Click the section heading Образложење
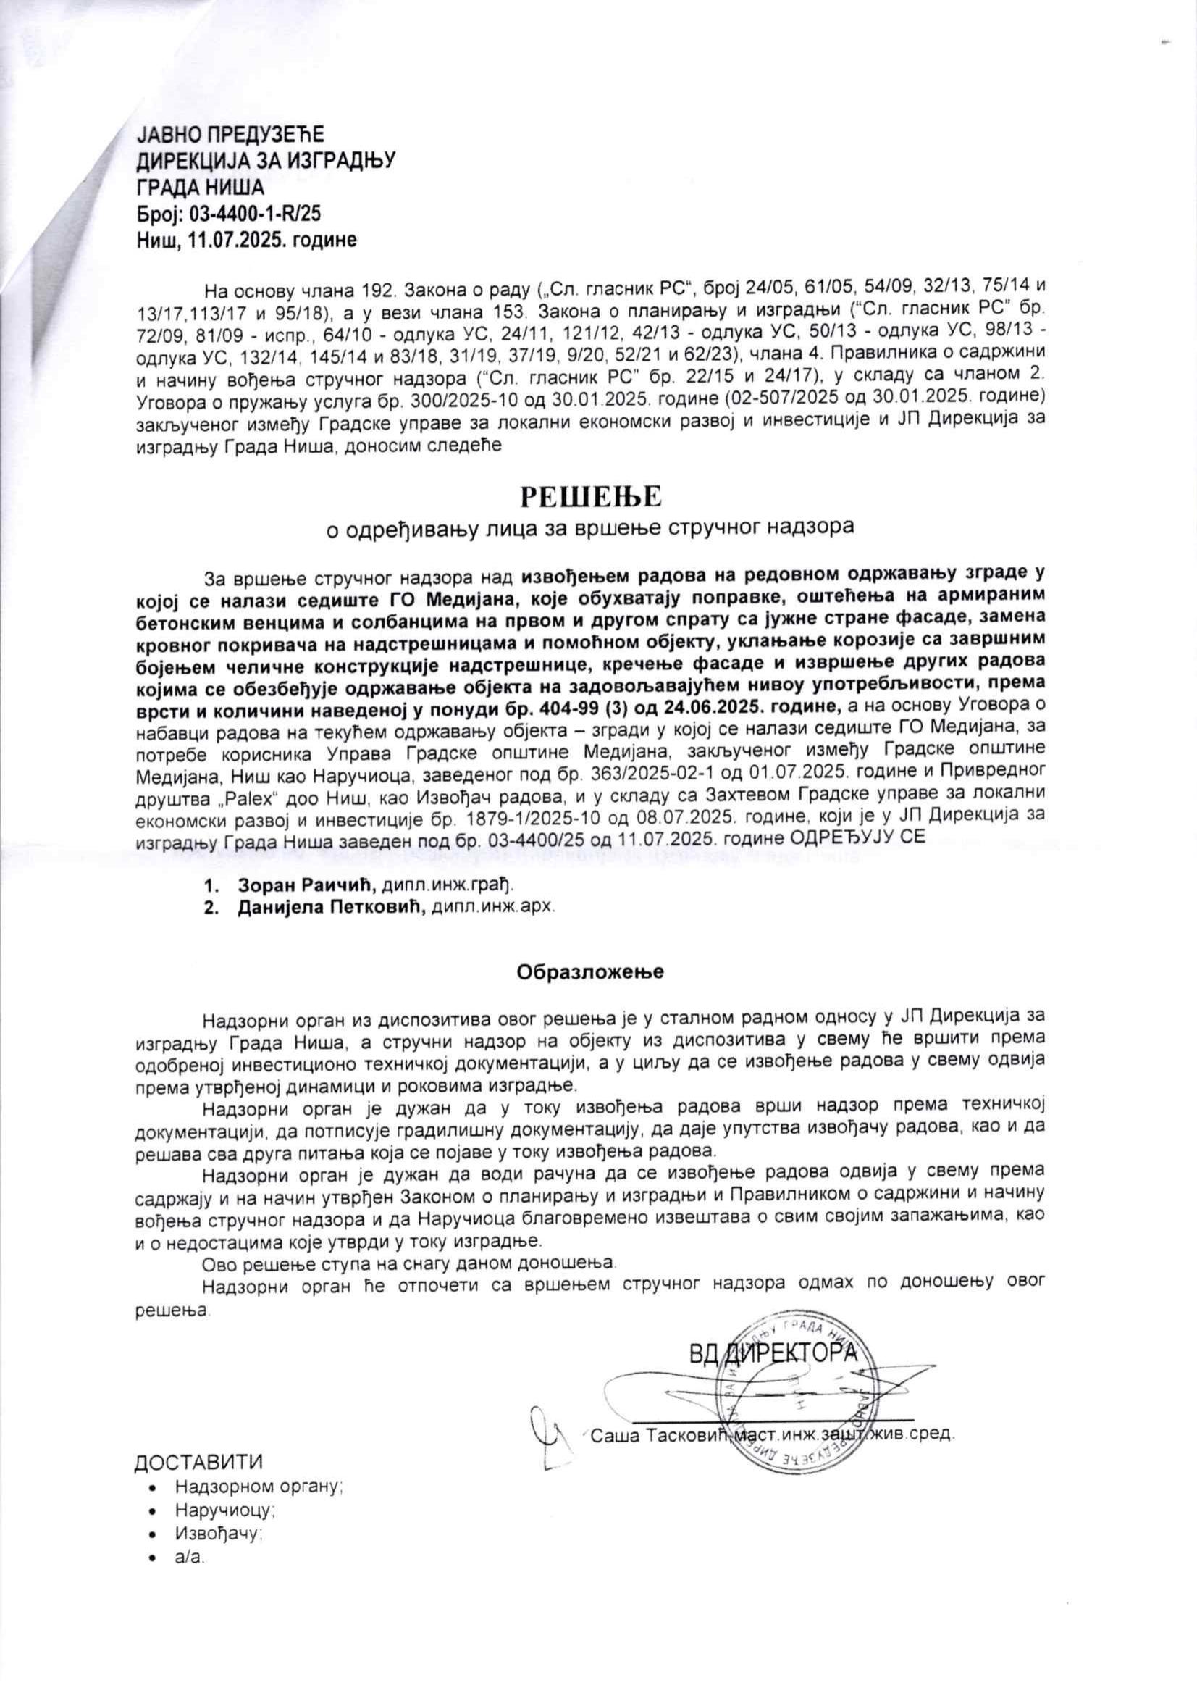point(590,971)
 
